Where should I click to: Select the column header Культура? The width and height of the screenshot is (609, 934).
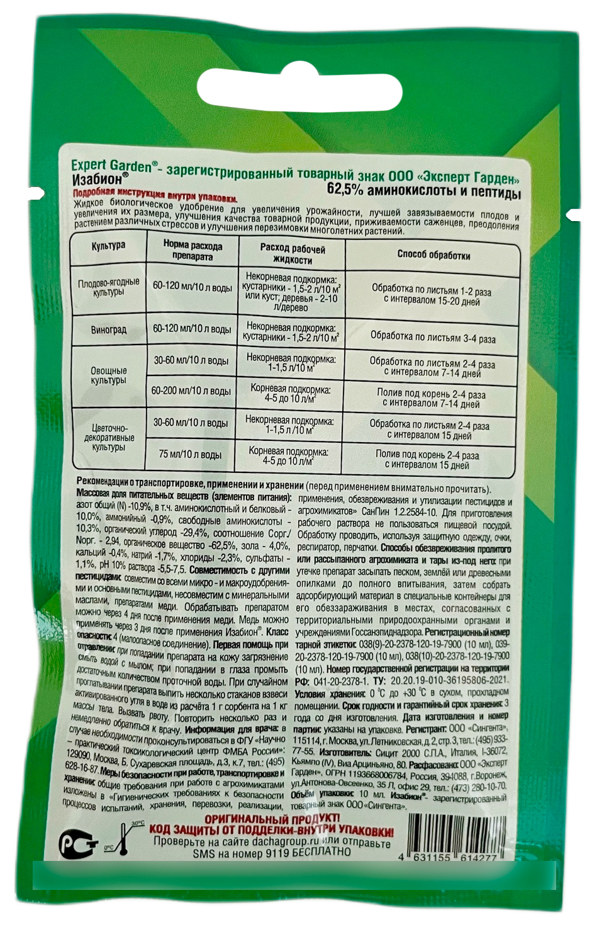(x=108, y=246)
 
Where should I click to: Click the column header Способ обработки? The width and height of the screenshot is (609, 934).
(x=433, y=255)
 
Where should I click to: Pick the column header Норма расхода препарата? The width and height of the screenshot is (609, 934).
(x=193, y=250)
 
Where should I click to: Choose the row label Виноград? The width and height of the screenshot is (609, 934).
(x=108, y=329)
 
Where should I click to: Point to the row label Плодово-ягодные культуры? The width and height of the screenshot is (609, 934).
(x=108, y=287)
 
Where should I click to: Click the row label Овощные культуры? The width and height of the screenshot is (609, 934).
(x=108, y=376)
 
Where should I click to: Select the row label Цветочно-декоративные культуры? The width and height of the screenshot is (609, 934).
(x=108, y=438)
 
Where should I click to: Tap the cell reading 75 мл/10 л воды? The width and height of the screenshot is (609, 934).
(x=190, y=454)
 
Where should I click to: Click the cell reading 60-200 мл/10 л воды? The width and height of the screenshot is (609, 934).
(x=191, y=391)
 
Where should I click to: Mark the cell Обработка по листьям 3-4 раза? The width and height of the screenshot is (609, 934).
(x=433, y=337)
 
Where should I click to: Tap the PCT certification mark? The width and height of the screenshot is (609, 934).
(x=78, y=845)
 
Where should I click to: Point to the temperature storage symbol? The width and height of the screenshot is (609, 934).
(x=123, y=838)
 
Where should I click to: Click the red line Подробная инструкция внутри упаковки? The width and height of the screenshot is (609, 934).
(x=155, y=196)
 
